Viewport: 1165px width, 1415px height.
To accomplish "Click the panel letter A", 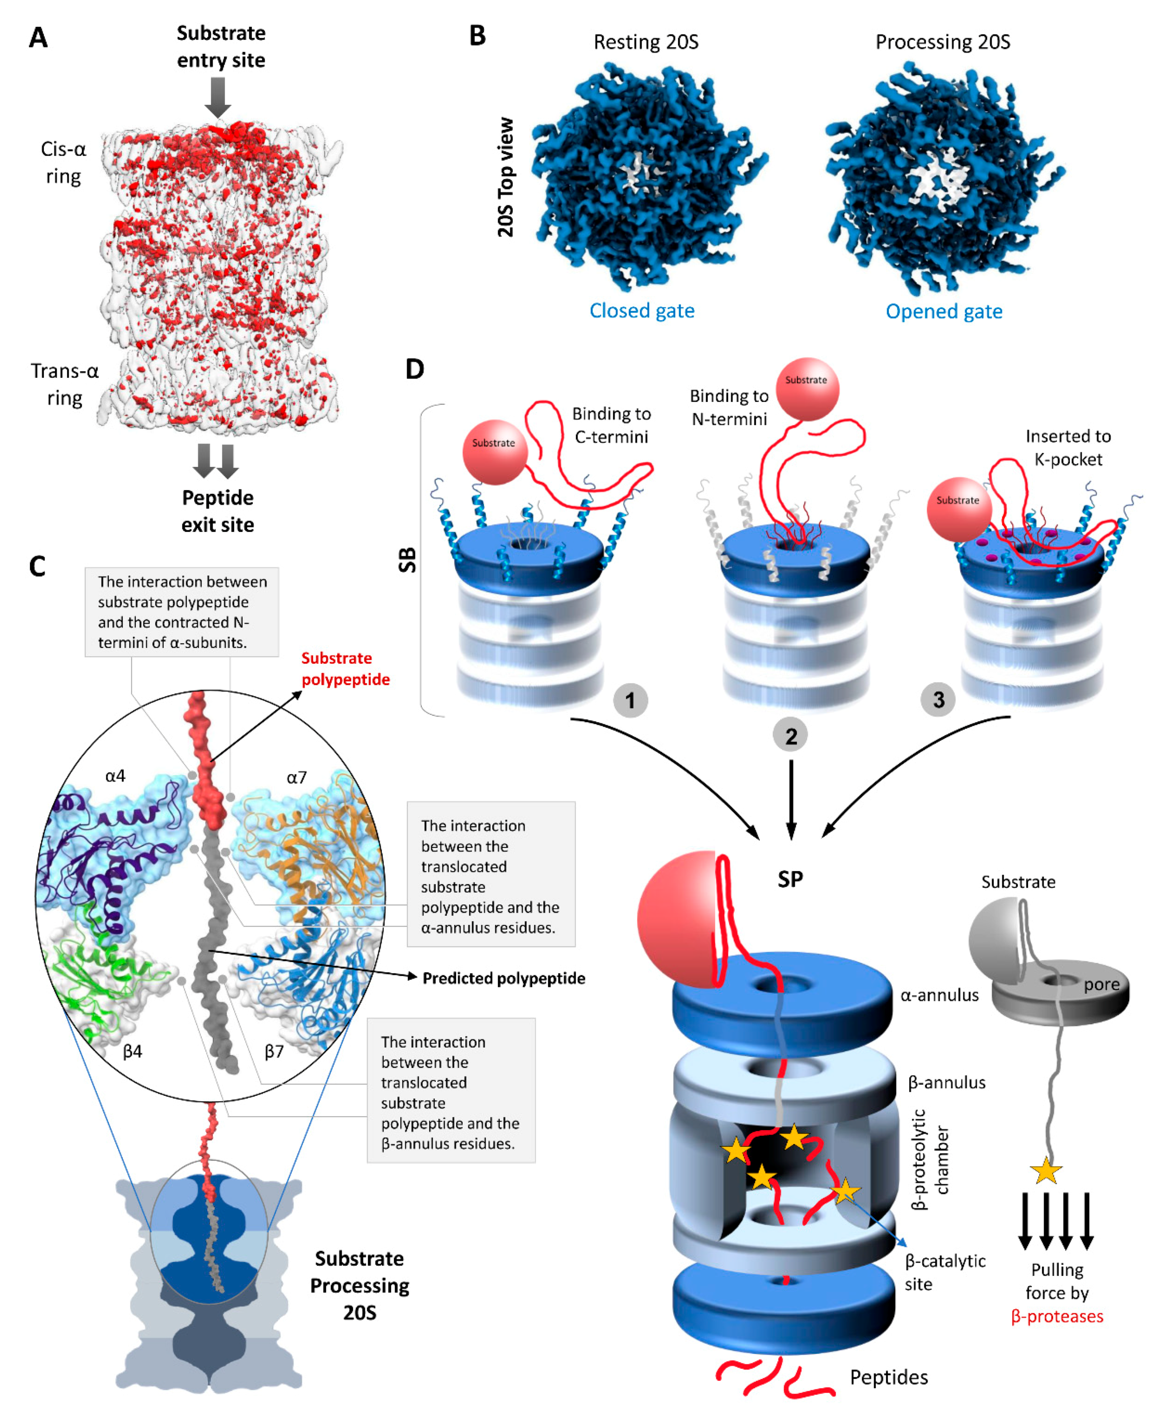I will pos(38,37).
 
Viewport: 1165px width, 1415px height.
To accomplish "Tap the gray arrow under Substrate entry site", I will pos(217,96).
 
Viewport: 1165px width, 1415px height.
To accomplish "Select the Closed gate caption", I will pos(642,311).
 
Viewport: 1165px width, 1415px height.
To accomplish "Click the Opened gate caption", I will pos(944,311).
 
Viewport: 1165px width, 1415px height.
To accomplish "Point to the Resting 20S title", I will pos(646,42).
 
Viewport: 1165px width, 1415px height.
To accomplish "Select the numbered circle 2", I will pos(791,736).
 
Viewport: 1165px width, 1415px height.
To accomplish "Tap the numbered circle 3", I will pos(938,700).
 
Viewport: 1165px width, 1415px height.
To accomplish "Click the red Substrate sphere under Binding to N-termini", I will pos(807,389).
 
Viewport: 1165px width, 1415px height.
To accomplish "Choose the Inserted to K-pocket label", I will pos(1068,447).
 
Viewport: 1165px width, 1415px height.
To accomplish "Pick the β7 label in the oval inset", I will pos(274,1051).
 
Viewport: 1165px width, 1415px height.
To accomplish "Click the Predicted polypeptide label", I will pos(503,978).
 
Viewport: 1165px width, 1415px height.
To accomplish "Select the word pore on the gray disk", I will pos(1101,984).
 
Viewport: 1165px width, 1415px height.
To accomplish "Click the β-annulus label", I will pos(946,1082).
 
